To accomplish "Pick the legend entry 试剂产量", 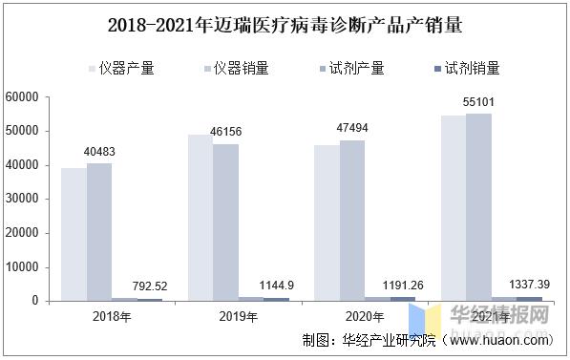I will (354, 68).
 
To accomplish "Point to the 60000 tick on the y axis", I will (20, 97).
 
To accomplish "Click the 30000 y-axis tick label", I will (20, 200).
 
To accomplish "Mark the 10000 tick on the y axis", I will (20, 267).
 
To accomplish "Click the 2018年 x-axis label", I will (112, 315).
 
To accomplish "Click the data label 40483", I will (100, 152).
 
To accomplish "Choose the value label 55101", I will (478, 101).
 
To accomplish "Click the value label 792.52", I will (151, 286).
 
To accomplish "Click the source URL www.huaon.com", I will (499, 340).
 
